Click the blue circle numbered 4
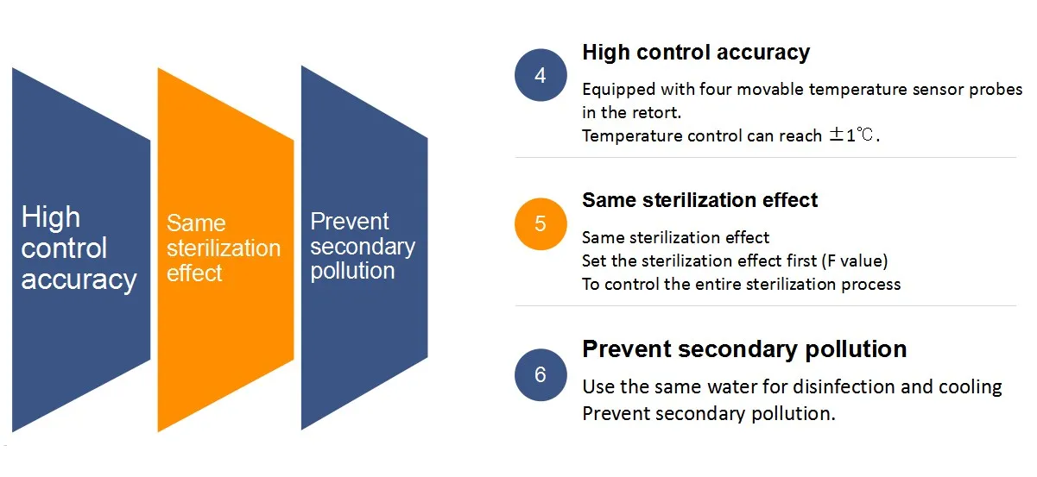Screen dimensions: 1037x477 [541, 75]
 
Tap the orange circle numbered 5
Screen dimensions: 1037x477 [541, 224]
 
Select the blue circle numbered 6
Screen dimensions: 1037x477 [541, 374]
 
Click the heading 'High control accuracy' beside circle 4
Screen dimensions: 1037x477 [696, 52]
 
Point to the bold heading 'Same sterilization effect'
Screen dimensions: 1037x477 [699, 200]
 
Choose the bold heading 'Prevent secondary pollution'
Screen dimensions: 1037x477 [744, 348]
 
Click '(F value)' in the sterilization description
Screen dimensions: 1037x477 [855, 261]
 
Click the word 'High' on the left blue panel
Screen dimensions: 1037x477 [51, 217]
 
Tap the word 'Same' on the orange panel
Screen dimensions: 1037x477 [196, 223]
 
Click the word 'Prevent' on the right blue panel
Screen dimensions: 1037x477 [350, 221]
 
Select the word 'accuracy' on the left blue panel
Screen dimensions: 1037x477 [79, 280]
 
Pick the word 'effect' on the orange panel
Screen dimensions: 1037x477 [194, 273]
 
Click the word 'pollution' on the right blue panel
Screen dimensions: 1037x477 [353, 271]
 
